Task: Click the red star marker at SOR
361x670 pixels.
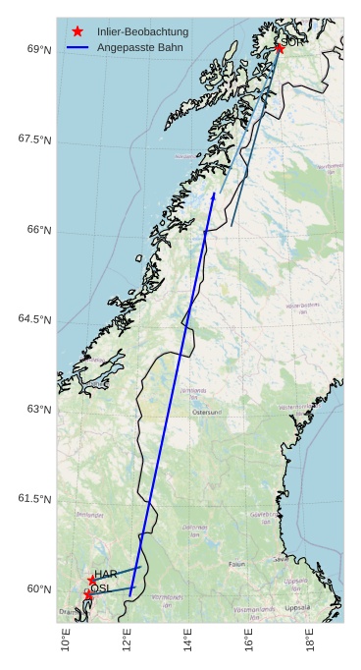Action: tap(280, 47)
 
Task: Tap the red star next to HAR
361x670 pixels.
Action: tap(92, 580)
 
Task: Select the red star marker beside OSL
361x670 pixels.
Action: tap(88, 595)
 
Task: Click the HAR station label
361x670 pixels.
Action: tap(106, 574)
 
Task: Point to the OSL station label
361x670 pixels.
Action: tap(100, 588)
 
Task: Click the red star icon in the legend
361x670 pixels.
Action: tap(77, 31)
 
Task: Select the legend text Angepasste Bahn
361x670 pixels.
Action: tap(139, 47)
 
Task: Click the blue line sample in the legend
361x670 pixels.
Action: tap(77, 47)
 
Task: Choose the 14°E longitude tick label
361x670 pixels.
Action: tap(189, 640)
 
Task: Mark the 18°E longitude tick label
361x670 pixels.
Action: tap(311, 640)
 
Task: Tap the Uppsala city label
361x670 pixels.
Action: tap(296, 607)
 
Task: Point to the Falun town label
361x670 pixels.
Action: tap(236, 564)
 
